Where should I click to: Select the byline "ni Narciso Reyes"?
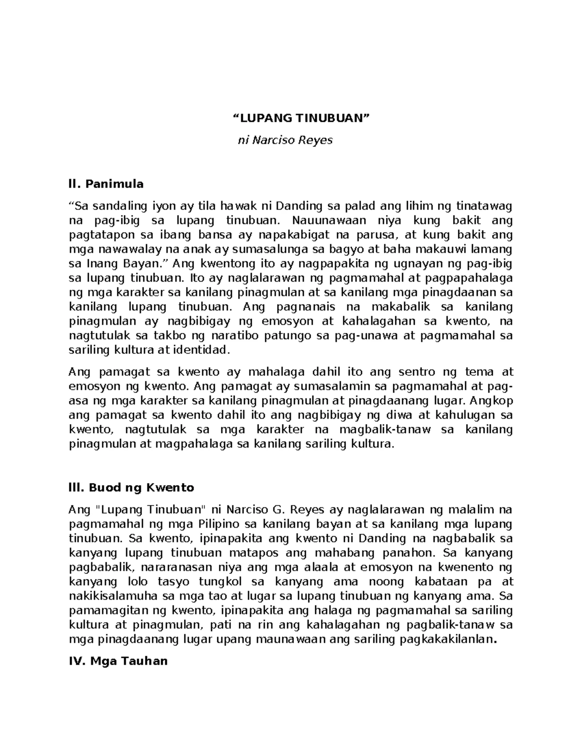tap(285, 141)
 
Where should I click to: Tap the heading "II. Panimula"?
tap(106, 184)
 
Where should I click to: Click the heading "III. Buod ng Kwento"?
tap(131, 487)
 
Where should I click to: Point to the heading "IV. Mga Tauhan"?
tap(118, 661)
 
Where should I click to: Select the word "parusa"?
tap(375, 235)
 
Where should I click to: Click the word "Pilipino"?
tap(220, 524)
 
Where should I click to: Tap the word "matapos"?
tap(255, 553)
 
